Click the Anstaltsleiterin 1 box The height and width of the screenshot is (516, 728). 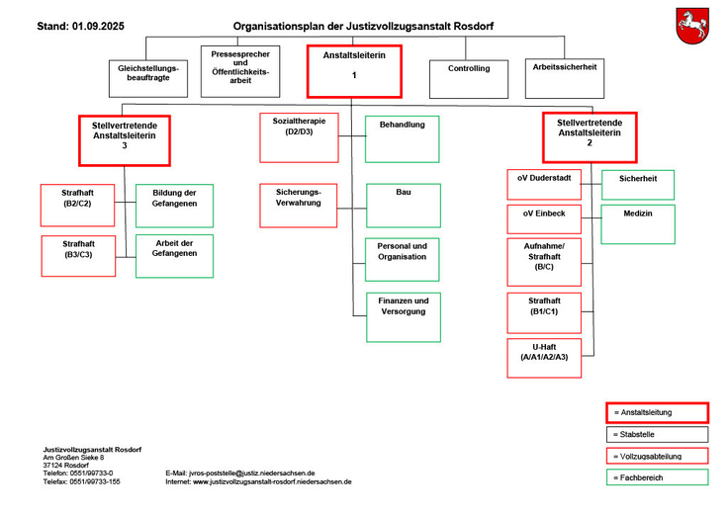point(353,71)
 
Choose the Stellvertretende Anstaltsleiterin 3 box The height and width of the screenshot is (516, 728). point(125,139)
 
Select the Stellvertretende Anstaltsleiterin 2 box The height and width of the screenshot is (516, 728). point(590,137)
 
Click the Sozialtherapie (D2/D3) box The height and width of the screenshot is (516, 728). point(299,137)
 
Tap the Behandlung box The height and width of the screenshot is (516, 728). point(403,138)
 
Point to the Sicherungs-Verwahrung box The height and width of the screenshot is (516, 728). point(299,206)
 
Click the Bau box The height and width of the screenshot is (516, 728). point(403,206)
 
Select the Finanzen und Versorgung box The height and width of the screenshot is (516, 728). point(403,316)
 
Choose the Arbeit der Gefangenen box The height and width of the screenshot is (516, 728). point(174,256)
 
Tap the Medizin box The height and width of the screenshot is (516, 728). point(638,224)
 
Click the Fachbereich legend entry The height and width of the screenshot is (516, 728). point(658,477)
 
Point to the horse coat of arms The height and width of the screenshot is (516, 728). point(692,25)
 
